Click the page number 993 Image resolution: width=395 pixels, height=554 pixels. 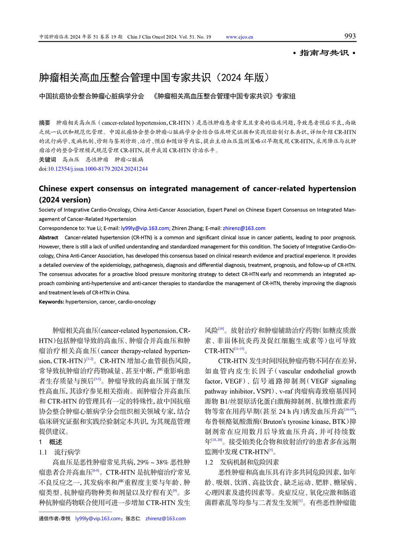350,36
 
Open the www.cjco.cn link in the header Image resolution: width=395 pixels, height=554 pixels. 239,37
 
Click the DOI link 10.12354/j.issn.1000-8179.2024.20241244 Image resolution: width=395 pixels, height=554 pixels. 97,169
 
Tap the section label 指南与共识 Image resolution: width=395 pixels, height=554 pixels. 324,53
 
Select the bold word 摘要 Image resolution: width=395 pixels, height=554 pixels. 44,123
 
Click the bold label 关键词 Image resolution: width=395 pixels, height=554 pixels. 47,160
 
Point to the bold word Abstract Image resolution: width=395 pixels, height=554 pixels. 48,238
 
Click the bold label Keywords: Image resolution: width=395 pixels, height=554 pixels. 51,302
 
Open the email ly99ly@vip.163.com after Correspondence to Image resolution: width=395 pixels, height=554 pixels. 145,228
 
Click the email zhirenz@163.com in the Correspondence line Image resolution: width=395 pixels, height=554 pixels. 244,228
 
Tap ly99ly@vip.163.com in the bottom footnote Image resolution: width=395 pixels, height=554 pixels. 97,519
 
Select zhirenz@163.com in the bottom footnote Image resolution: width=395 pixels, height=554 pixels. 165,519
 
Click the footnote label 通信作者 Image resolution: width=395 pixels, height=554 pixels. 49,519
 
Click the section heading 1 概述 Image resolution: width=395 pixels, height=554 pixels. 51,442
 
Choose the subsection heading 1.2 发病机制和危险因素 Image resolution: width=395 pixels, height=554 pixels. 242,462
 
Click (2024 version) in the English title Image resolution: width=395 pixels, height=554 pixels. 65,200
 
